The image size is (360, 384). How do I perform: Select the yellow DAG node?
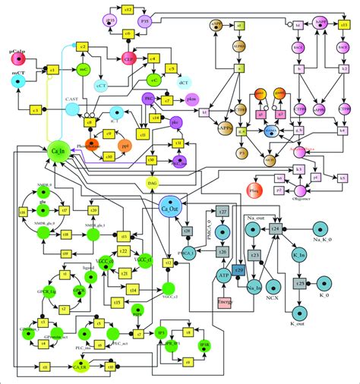154,183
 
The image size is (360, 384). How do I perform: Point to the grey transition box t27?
223,210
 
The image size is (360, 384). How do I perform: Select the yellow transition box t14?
133,289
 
